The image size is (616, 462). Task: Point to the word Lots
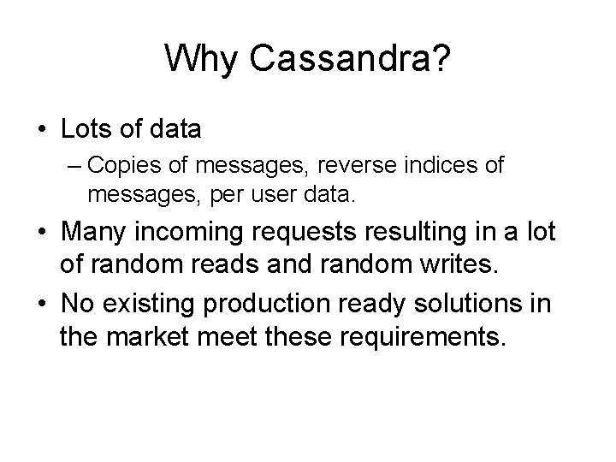(84, 129)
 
